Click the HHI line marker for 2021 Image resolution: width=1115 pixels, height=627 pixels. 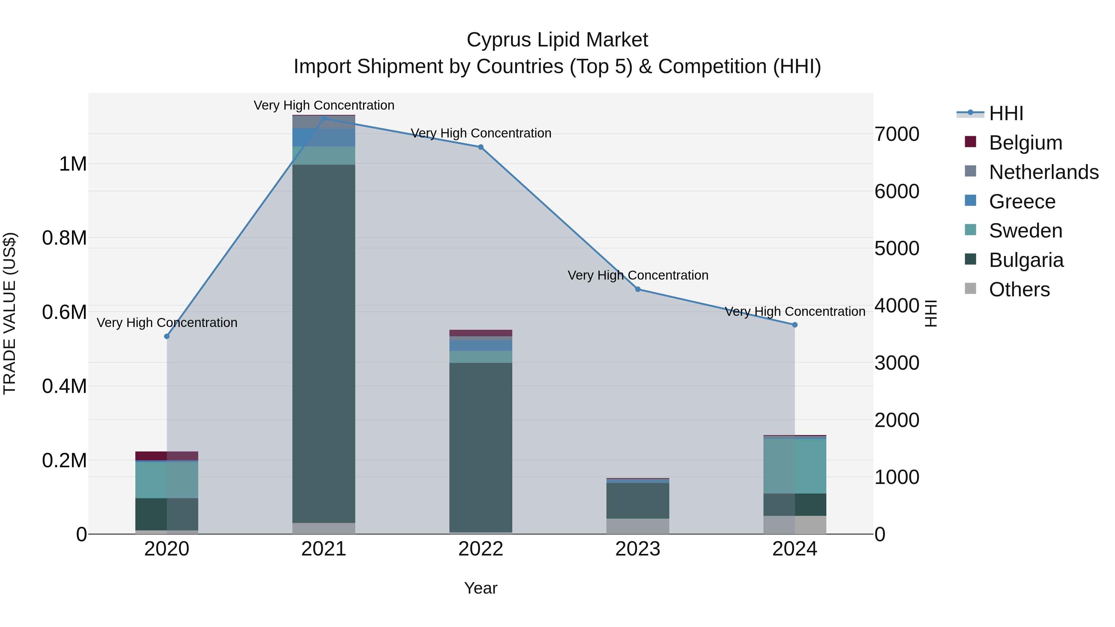324,118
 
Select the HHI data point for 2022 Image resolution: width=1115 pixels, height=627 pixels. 480,147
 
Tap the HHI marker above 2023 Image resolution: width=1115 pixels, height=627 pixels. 638,289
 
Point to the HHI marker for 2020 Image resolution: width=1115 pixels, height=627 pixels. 167,336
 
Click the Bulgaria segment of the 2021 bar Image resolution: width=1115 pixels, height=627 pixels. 324,344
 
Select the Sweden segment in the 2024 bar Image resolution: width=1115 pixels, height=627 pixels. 795,466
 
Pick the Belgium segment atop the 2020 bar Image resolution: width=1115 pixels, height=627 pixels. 167,456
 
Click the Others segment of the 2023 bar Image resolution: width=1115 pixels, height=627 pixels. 638,526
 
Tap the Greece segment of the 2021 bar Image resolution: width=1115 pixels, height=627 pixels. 324,137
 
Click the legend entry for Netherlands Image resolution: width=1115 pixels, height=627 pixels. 1043,172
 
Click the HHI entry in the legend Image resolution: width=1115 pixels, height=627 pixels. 1005,113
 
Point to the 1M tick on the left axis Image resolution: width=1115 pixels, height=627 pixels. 73,164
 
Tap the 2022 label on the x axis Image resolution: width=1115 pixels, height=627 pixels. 480,549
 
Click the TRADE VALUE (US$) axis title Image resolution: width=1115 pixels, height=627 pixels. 10,313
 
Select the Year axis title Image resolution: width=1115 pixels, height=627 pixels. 480,588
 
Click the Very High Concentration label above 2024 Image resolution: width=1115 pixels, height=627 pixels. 795,311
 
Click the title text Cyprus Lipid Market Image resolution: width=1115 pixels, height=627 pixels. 557,40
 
